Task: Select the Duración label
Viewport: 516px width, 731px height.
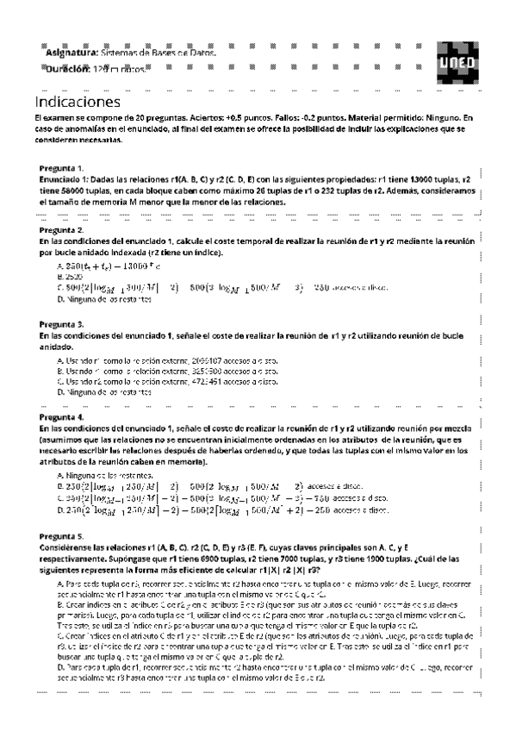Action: [x=68, y=68]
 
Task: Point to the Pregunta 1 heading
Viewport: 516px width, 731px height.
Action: [x=62, y=167]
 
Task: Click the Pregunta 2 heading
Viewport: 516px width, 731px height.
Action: [x=62, y=231]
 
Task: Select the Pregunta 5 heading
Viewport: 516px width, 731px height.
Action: [x=62, y=534]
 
